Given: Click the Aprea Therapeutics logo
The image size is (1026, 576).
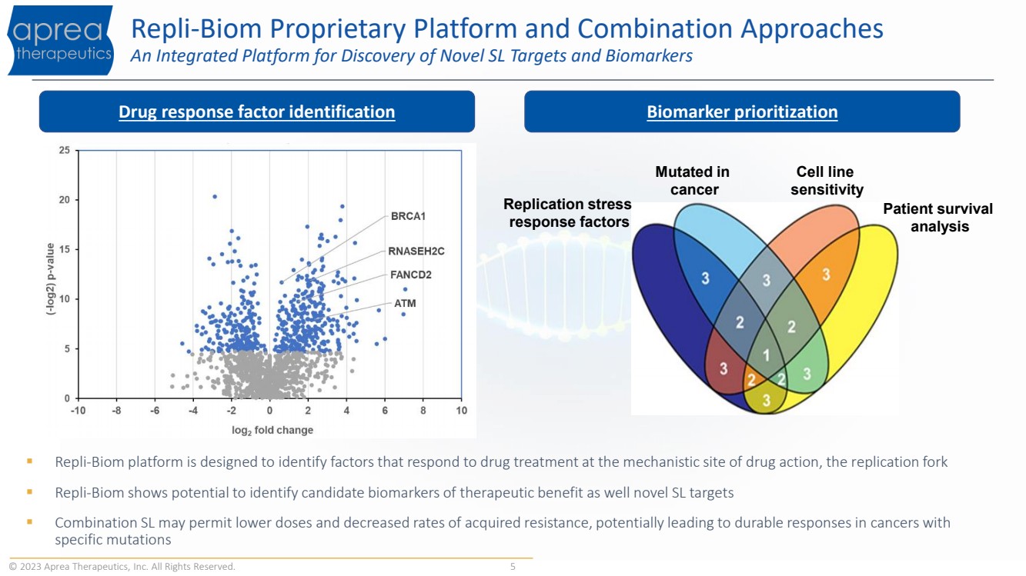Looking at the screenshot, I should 60,41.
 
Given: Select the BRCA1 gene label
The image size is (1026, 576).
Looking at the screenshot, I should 408,217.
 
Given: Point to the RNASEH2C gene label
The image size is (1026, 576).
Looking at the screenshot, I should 416,251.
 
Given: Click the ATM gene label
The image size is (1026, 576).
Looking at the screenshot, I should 405,304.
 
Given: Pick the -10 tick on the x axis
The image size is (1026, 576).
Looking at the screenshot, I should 78,411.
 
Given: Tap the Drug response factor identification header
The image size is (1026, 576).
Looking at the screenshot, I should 256,112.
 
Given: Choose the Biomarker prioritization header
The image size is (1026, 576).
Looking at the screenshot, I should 742,112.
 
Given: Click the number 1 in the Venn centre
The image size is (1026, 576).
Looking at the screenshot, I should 765,355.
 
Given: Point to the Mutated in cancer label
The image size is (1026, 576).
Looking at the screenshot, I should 692,181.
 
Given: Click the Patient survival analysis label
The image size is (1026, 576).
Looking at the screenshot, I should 937,218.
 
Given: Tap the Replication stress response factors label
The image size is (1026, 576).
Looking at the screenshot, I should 567,213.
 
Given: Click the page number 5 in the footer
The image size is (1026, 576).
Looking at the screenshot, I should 513,568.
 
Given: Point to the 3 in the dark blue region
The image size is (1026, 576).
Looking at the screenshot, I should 705,278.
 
